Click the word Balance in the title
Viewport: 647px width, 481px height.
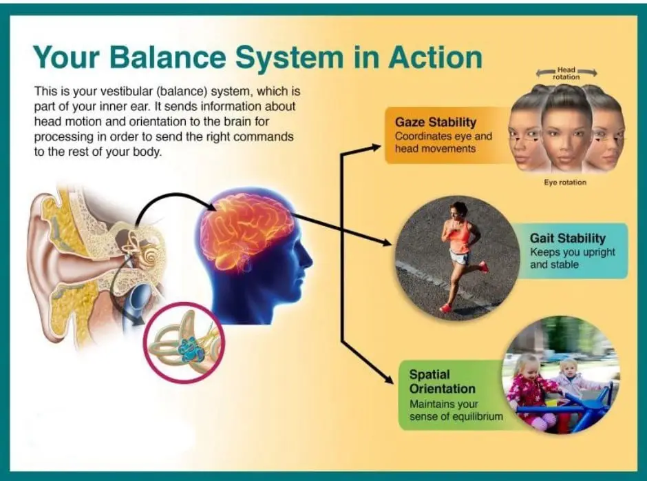179,57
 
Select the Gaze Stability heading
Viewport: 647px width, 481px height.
435,122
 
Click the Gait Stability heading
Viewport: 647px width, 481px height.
568,238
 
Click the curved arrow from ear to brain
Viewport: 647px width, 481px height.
165,203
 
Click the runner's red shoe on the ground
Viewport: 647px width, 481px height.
445,308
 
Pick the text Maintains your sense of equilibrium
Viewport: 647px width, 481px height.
454,410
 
